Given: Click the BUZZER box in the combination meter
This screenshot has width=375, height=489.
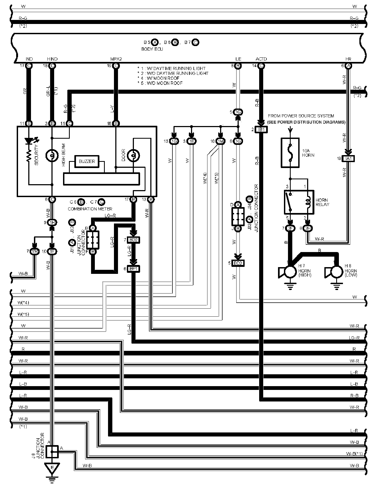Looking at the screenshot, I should [87, 161].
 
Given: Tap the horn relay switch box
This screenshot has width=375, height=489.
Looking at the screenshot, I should [299, 202].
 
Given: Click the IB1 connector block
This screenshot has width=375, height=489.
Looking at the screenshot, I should [262, 130].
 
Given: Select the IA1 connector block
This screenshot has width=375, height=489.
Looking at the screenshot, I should [348, 159].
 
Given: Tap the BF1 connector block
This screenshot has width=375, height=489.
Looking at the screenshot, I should [133, 268].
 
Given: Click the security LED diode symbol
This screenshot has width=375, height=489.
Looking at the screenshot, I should [28, 141].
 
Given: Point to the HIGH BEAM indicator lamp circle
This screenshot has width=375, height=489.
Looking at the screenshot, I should [52, 155].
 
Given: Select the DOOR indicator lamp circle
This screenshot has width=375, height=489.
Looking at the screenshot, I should [133, 155].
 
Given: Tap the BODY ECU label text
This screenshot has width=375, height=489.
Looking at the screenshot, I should [152, 49].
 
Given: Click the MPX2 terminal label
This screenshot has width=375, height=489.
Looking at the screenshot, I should [116, 59].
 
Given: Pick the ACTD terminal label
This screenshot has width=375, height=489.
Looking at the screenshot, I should [261, 59].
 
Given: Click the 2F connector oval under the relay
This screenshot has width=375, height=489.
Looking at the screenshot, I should [290, 228].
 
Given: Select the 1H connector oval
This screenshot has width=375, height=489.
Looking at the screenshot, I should [52, 222].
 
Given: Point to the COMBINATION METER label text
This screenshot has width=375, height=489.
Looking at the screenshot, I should [90, 209].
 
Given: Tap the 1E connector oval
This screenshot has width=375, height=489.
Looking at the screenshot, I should [192, 141].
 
